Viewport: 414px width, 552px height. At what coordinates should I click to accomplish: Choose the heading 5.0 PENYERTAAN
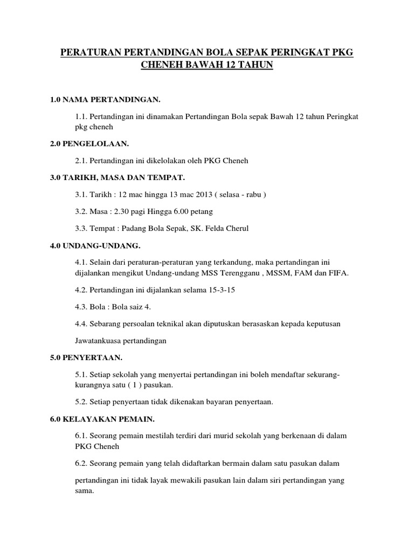pos(86,357)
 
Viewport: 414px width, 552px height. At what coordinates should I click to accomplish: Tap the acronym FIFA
pos(339,273)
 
